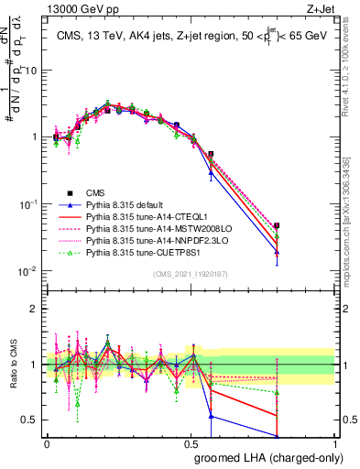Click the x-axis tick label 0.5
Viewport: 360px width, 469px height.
(191, 442)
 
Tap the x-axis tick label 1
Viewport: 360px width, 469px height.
(334, 442)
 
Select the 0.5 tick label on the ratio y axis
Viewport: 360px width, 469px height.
(33, 420)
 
